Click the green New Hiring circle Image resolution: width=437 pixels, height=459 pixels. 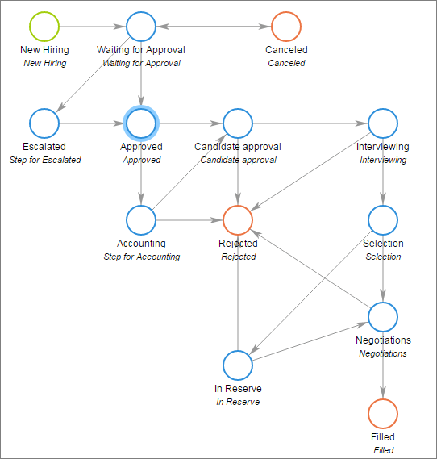click(44, 26)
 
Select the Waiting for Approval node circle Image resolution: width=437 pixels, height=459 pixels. click(141, 26)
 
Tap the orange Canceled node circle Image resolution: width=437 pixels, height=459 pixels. click(286, 26)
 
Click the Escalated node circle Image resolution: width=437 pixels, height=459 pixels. click(44, 123)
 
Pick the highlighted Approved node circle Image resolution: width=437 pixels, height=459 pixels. click(141, 123)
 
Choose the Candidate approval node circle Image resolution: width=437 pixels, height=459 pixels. click(238, 123)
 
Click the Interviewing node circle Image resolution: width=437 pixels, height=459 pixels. click(383, 123)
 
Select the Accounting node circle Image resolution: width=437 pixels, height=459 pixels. click(141, 219)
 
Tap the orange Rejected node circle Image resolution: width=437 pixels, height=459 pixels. click(238, 219)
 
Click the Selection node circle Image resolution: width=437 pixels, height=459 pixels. click(383, 219)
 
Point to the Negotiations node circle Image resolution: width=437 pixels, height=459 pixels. click(383, 316)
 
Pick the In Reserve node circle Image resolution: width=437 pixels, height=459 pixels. click(238, 365)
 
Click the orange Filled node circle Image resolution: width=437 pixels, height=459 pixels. click(383, 413)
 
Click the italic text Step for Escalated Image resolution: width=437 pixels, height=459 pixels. click(44, 160)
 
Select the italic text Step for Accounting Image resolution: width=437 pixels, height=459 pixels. click(141, 257)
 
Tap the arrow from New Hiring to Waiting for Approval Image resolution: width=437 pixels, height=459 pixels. click(93, 26)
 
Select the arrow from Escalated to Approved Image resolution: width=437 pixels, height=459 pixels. click(93, 123)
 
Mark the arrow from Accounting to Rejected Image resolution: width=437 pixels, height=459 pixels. click(189, 219)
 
